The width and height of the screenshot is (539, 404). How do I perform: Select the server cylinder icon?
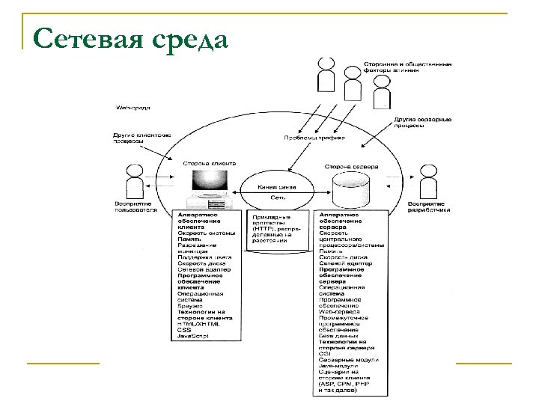tap(350, 189)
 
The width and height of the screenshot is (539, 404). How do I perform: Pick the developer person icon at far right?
tap(427, 180)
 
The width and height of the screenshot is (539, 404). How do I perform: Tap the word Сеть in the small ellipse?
tap(276, 198)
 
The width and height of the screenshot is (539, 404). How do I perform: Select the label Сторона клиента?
tap(210, 162)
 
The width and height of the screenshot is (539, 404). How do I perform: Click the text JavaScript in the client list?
tap(193, 337)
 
